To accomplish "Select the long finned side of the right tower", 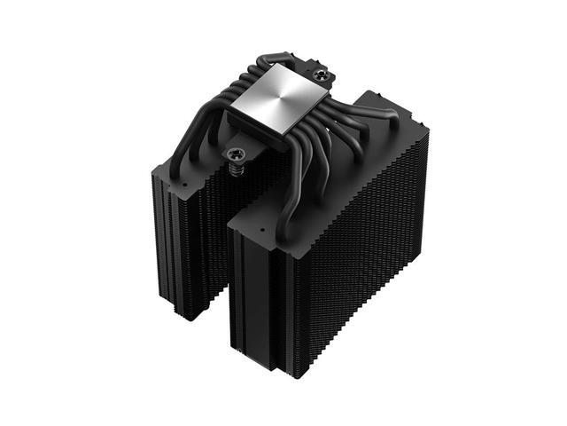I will (x=372, y=257).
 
